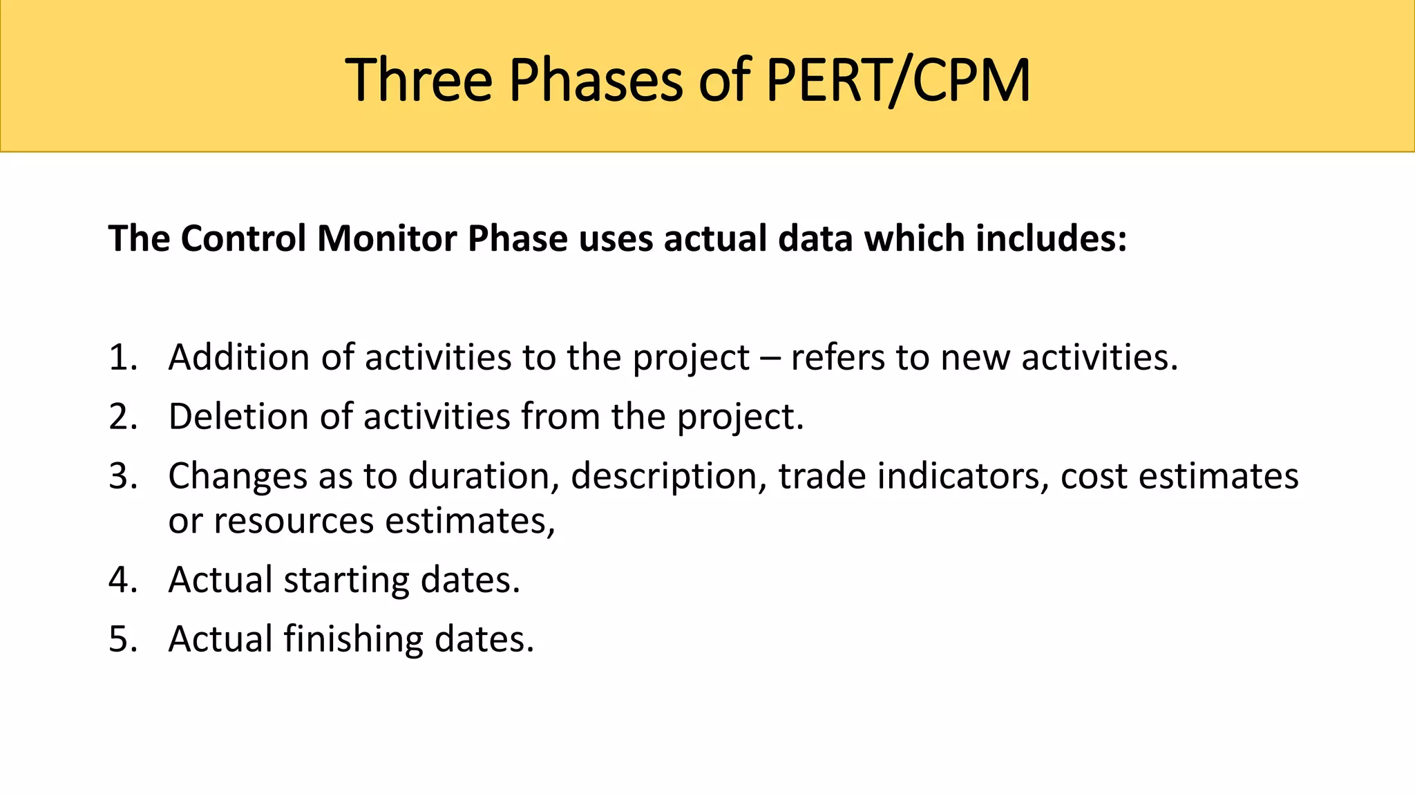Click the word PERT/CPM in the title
coord(898,81)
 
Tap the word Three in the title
coord(419,81)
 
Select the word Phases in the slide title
coord(596,81)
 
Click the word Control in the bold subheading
coord(243,238)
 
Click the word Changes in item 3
coord(238,477)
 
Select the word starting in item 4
coord(347,580)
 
